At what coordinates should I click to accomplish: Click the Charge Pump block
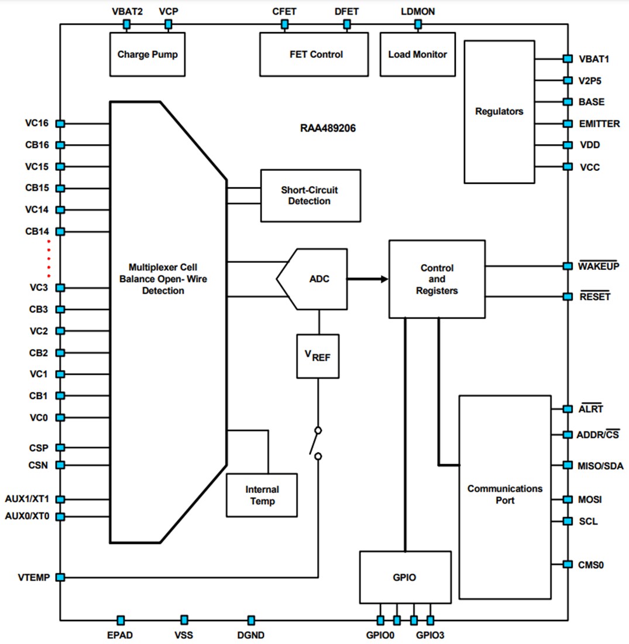147,54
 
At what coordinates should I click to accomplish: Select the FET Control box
314,54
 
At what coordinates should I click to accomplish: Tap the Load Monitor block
417,54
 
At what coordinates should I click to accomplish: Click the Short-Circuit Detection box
310,196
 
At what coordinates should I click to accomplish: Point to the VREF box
319,356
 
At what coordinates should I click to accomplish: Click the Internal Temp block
262,495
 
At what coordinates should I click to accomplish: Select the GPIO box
405,577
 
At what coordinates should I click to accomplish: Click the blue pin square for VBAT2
126,25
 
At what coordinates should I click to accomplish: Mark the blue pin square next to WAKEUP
567,266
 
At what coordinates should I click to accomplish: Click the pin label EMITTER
599,124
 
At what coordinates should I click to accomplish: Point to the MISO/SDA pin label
601,466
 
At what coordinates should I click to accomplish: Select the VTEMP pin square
60,577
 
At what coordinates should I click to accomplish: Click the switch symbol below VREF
317,443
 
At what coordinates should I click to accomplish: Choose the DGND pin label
252,635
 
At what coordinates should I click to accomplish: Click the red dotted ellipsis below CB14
49,258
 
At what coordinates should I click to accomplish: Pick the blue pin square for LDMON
418,25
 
